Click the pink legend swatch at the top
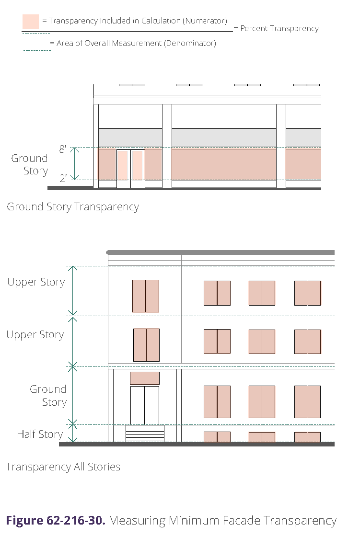[30, 22]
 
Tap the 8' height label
[63, 149]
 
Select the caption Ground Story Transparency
[73, 207]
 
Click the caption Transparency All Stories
[63, 467]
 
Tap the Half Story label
[40, 434]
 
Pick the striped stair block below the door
[145, 433]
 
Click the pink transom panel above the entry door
[145, 378]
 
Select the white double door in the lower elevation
[145, 405]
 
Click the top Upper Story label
[36, 282]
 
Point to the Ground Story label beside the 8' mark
[30, 164]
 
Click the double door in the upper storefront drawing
[131, 168]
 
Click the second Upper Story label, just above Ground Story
[35, 334]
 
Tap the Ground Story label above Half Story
[48, 395]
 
